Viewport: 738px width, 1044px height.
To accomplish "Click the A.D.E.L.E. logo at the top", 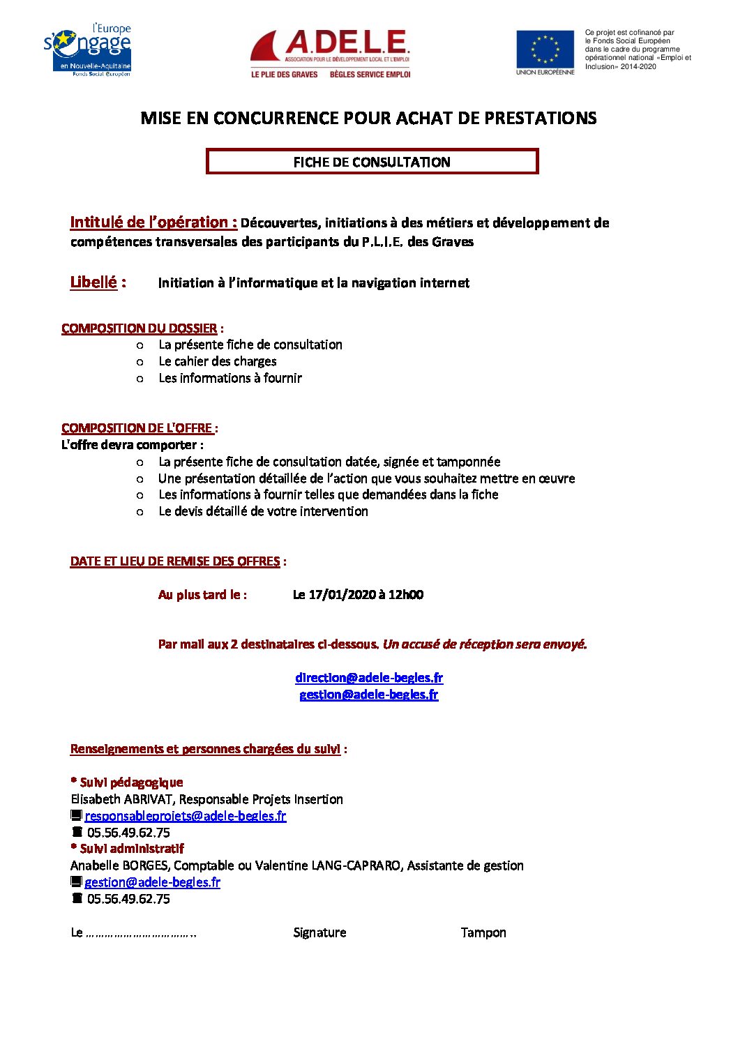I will [x=330, y=53].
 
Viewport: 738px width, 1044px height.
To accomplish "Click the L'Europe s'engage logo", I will [x=88, y=50].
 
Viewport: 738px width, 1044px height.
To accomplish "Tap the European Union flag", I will [x=545, y=49].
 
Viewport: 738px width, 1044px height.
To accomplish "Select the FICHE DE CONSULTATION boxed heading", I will [x=372, y=162].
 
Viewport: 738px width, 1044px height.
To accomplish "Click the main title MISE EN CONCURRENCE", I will [x=368, y=118].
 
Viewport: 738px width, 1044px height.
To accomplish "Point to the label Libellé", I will [x=93, y=282].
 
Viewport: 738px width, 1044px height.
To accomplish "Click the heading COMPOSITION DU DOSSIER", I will [x=140, y=328].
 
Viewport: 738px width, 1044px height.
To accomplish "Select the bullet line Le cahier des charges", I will [x=217, y=361].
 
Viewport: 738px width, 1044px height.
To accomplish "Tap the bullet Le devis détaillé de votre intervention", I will [x=263, y=511].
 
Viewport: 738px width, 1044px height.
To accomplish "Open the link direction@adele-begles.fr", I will [x=368, y=678].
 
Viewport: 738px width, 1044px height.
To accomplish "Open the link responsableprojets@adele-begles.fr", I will [x=185, y=816].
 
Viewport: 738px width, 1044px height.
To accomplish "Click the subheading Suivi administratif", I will [x=131, y=849].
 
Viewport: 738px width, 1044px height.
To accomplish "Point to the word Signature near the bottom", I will [x=319, y=932].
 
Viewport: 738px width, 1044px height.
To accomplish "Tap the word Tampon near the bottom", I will [x=483, y=932].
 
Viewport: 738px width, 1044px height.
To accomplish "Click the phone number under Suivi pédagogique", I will [x=128, y=833].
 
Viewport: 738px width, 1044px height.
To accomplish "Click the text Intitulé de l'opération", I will [x=153, y=222].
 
